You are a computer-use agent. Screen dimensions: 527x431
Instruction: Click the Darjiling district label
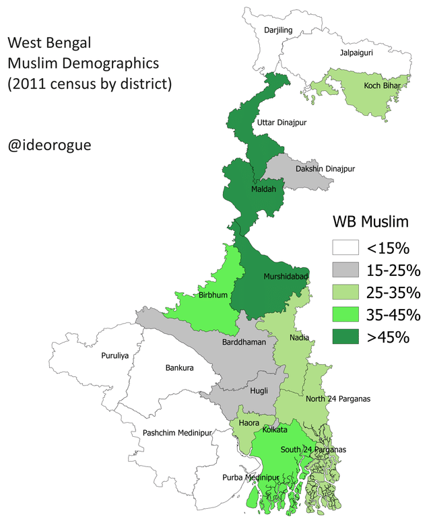point(279,30)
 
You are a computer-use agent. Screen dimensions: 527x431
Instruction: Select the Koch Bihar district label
point(382,86)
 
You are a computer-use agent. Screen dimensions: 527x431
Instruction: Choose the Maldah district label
point(262,189)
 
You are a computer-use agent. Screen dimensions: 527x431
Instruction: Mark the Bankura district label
point(179,368)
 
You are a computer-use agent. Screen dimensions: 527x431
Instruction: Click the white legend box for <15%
point(345,248)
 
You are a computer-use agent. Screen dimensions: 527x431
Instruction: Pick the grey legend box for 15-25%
point(345,270)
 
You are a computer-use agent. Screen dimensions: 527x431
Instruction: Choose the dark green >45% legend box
point(345,337)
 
